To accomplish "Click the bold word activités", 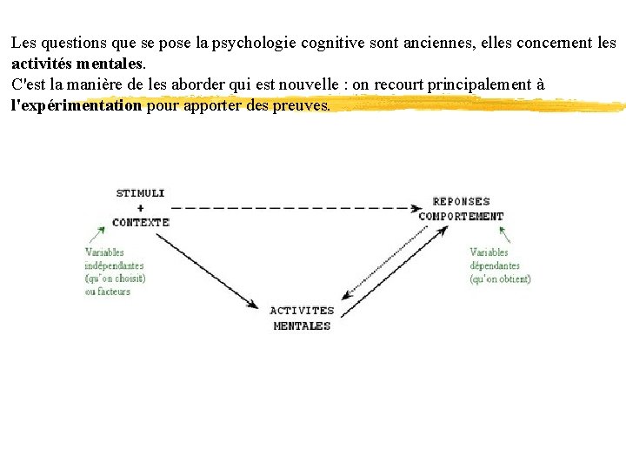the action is coord(41,64).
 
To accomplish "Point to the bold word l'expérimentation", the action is coord(76,106).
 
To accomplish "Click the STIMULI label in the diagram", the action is coord(140,192).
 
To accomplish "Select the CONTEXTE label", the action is coord(140,222).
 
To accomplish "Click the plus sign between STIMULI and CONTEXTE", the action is coord(140,207).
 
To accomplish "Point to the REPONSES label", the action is coord(461,201).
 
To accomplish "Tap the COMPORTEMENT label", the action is coord(461,216).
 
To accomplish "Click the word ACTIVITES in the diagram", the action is coord(302,311).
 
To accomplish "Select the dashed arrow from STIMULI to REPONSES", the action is coord(296,208).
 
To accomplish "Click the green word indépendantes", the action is coord(114,265).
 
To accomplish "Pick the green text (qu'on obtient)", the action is coord(500,279).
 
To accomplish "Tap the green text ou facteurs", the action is coord(107,292).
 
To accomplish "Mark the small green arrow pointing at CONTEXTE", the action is coord(97,234).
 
